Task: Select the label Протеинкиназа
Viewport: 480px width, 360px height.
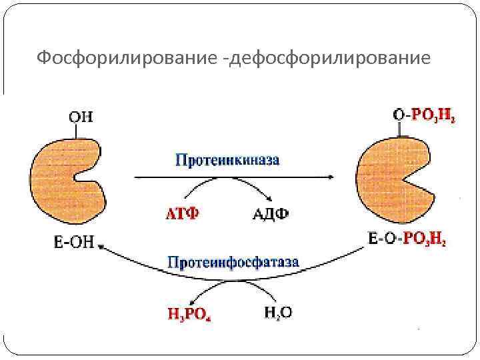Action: tap(227, 160)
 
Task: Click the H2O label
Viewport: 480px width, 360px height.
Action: tap(277, 311)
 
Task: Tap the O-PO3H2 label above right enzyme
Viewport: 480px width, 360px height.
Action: tap(424, 115)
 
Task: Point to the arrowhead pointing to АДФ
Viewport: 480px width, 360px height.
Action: tap(269, 199)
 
